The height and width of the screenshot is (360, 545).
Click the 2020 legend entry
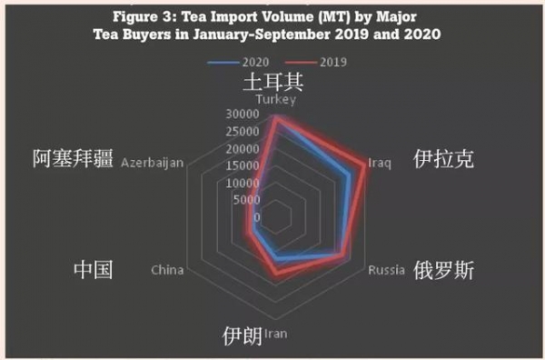pos(235,61)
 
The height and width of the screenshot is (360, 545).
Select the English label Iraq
pos(379,164)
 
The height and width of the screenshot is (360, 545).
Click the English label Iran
pos(275,334)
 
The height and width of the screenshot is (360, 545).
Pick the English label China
pos(168,270)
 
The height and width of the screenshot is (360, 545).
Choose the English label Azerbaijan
pos(153,164)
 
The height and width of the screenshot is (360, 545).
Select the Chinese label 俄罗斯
pos(442,271)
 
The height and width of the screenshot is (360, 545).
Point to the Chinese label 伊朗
pos(243,335)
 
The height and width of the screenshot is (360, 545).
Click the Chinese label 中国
pos(94,270)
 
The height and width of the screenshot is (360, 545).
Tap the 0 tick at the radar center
pos(257,217)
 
